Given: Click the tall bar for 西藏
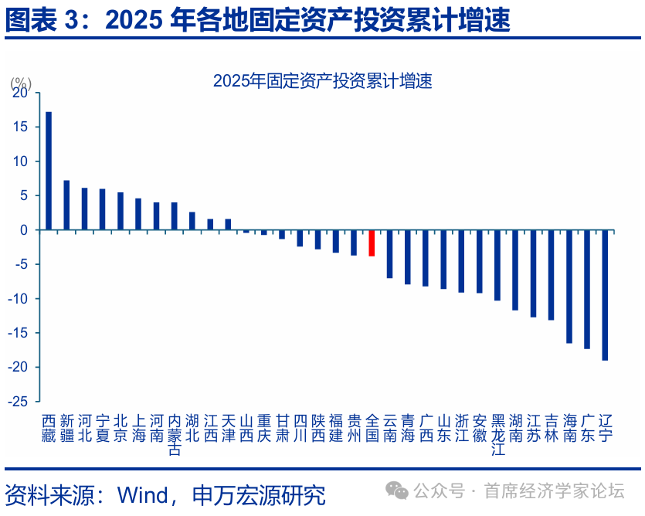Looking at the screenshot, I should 49,171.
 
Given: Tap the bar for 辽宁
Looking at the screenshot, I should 605,295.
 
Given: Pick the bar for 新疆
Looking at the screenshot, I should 66,205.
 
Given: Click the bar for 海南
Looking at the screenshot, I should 569,287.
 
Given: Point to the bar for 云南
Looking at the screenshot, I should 389,254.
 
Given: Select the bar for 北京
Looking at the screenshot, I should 121,211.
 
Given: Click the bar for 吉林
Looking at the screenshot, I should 551,275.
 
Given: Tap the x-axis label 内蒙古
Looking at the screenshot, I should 175,435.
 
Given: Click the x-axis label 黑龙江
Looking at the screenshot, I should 497,435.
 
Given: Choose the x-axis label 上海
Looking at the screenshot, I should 138,428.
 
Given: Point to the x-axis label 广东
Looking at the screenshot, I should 587,428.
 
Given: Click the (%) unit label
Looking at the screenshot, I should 20,83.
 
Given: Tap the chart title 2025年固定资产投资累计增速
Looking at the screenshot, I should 322,81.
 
